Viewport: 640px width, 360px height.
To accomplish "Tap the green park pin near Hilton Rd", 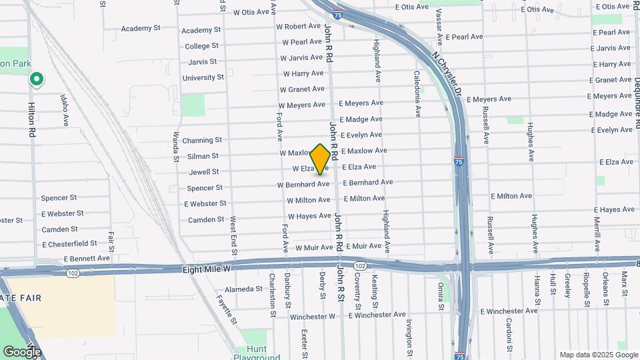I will (x=37, y=81).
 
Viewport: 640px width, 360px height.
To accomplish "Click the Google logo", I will (x=22, y=351).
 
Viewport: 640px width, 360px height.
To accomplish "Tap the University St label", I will (x=203, y=77).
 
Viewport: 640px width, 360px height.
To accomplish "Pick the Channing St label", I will (x=202, y=140).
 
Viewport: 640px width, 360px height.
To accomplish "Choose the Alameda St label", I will (x=244, y=289).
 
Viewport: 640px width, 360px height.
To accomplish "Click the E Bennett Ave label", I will (x=87, y=258).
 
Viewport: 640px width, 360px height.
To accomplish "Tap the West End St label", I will (x=234, y=235).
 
